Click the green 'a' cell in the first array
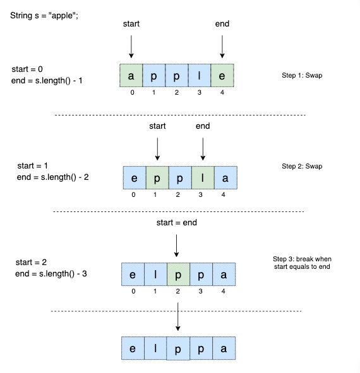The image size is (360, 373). pos(131,75)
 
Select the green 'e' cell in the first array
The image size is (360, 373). pos(222,75)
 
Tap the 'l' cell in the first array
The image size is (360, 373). pos(200,75)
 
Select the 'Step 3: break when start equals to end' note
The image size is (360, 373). pos(301,263)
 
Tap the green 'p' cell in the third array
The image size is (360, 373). pos(177,275)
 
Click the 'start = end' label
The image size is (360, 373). pos(177,223)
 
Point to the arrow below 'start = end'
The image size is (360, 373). pos(177,245)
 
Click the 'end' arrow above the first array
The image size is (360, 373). pos(222,47)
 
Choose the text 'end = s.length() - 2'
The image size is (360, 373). pos(53,177)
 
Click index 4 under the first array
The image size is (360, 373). pos(222,92)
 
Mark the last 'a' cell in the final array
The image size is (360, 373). pos(224,348)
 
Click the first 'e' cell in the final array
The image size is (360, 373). pos(132,348)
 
